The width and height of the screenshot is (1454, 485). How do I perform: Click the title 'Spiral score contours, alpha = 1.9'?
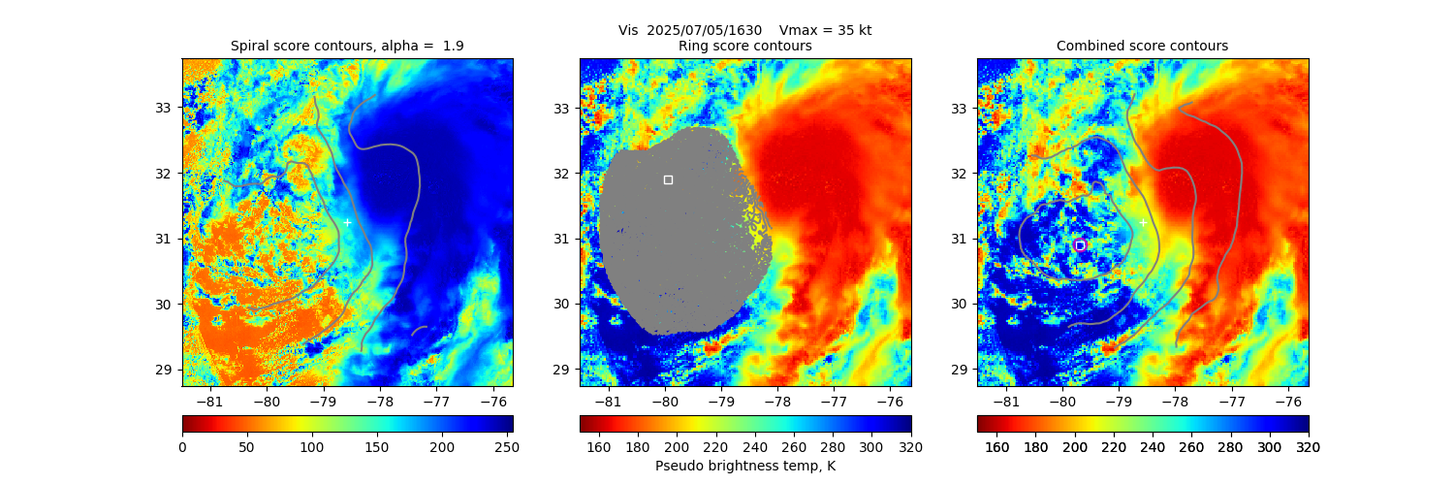(347, 47)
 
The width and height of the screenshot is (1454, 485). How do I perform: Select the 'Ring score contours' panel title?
(744, 47)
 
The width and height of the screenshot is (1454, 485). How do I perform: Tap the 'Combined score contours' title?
(1142, 47)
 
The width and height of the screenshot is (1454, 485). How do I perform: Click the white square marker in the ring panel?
(668, 179)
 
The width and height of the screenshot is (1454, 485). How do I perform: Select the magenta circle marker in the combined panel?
(1080, 245)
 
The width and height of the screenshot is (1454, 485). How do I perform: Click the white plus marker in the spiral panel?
(347, 223)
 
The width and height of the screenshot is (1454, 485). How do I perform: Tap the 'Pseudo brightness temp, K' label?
(744, 467)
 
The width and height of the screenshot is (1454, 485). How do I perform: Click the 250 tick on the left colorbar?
(507, 447)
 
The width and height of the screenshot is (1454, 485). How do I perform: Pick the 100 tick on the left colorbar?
(312, 447)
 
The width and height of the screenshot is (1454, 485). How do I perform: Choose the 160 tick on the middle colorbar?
(599, 447)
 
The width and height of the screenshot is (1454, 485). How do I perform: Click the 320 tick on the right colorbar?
(1308, 447)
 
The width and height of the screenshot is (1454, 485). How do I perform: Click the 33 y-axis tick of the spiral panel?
(163, 108)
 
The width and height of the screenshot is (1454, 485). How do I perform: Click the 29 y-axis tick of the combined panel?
(958, 370)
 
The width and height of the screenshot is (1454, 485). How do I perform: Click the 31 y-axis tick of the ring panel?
(560, 239)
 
